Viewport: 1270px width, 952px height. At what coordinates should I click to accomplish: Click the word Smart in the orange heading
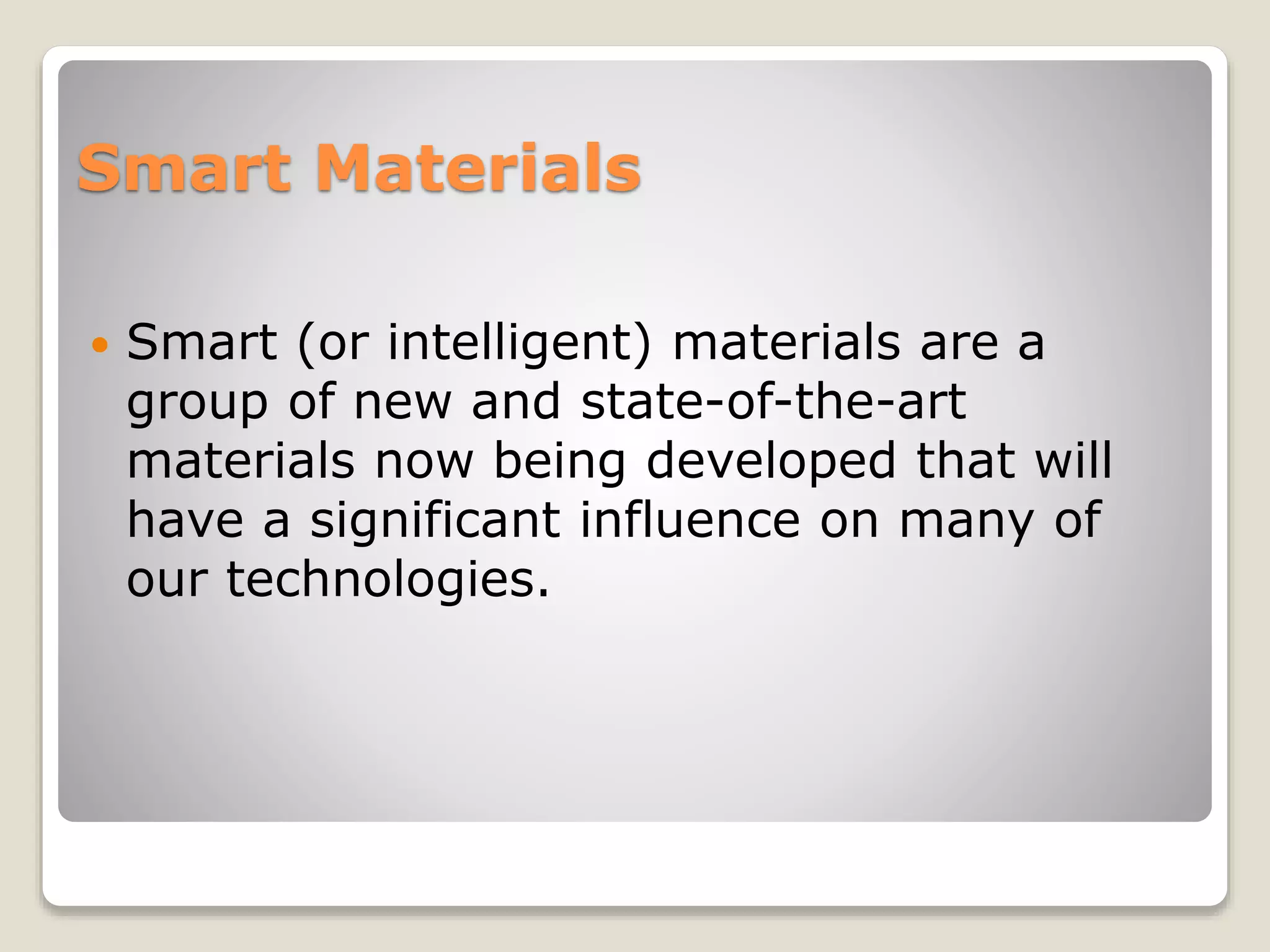[184, 168]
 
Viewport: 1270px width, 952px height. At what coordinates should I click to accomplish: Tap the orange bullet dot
[99, 344]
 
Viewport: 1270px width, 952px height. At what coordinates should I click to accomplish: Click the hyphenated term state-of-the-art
[773, 401]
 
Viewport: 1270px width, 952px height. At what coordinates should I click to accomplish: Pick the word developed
[771, 462]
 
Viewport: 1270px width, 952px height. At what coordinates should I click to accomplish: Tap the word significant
[435, 521]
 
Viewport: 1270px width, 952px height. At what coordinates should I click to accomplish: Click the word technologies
[388, 580]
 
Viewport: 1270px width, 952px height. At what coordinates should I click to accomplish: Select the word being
[559, 462]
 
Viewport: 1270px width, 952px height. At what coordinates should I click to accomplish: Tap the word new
[402, 402]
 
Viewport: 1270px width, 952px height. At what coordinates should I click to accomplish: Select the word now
[424, 462]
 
